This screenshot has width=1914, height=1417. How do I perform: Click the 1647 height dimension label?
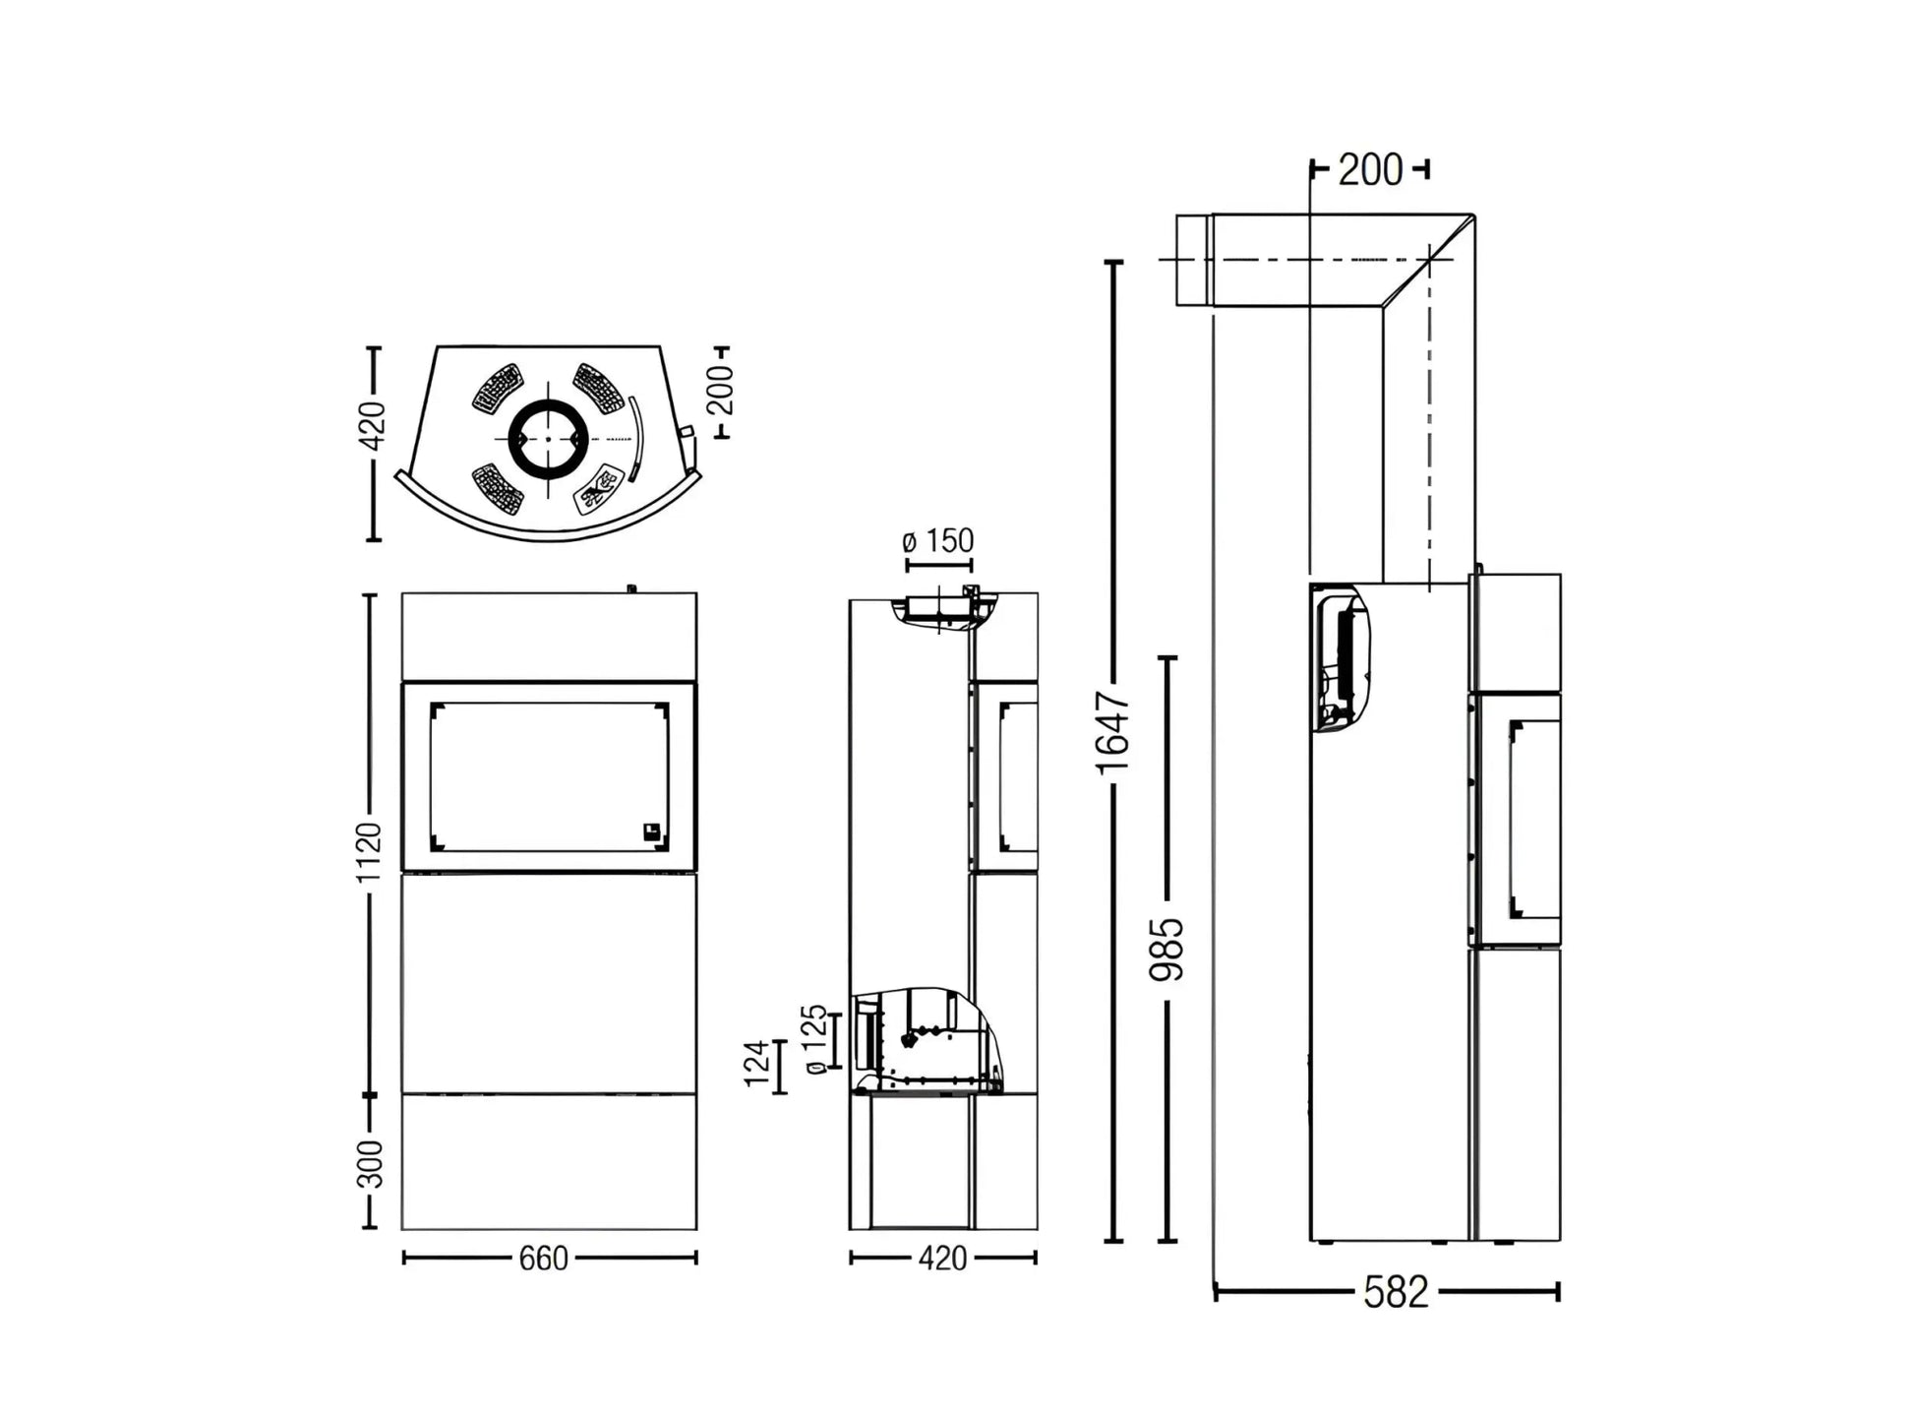pyautogui.click(x=1114, y=732)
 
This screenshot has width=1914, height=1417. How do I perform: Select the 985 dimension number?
pyautogui.click(x=1167, y=949)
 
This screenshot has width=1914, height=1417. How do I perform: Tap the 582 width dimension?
pyautogui.click(x=1395, y=1292)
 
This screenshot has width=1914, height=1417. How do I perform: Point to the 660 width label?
pyautogui.click(x=544, y=1259)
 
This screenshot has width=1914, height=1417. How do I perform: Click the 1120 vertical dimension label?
pyautogui.click(x=369, y=852)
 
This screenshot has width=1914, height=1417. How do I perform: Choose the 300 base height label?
pyautogui.click(x=370, y=1164)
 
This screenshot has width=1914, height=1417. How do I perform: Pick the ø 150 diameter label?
pyautogui.click(x=937, y=541)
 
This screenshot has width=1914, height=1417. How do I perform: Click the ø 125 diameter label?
pyautogui.click(x=815, y=1039)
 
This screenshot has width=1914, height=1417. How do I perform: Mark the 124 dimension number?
pyautogui.click(x=756, y=1064)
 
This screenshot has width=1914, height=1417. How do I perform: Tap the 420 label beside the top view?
pyautogui.click(x=373, y=425)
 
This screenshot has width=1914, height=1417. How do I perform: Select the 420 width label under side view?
pyautogui.click(x=942, y=1259)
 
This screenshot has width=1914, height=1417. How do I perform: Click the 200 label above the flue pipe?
pyautogui.click(x=1370, y=170)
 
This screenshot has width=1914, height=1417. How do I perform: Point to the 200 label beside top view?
pyautogui.click(x=722, y=390)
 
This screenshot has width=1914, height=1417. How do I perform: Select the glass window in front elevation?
pyautogui.click(x=549, y=777)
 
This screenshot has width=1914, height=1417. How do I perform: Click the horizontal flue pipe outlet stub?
pyautogui.click(x=1193, y=261)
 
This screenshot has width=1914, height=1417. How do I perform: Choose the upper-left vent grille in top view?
pyautogui.click(x=498, y=389)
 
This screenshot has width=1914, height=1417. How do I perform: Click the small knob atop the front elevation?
pyautogui.click(x=631, y=589)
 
